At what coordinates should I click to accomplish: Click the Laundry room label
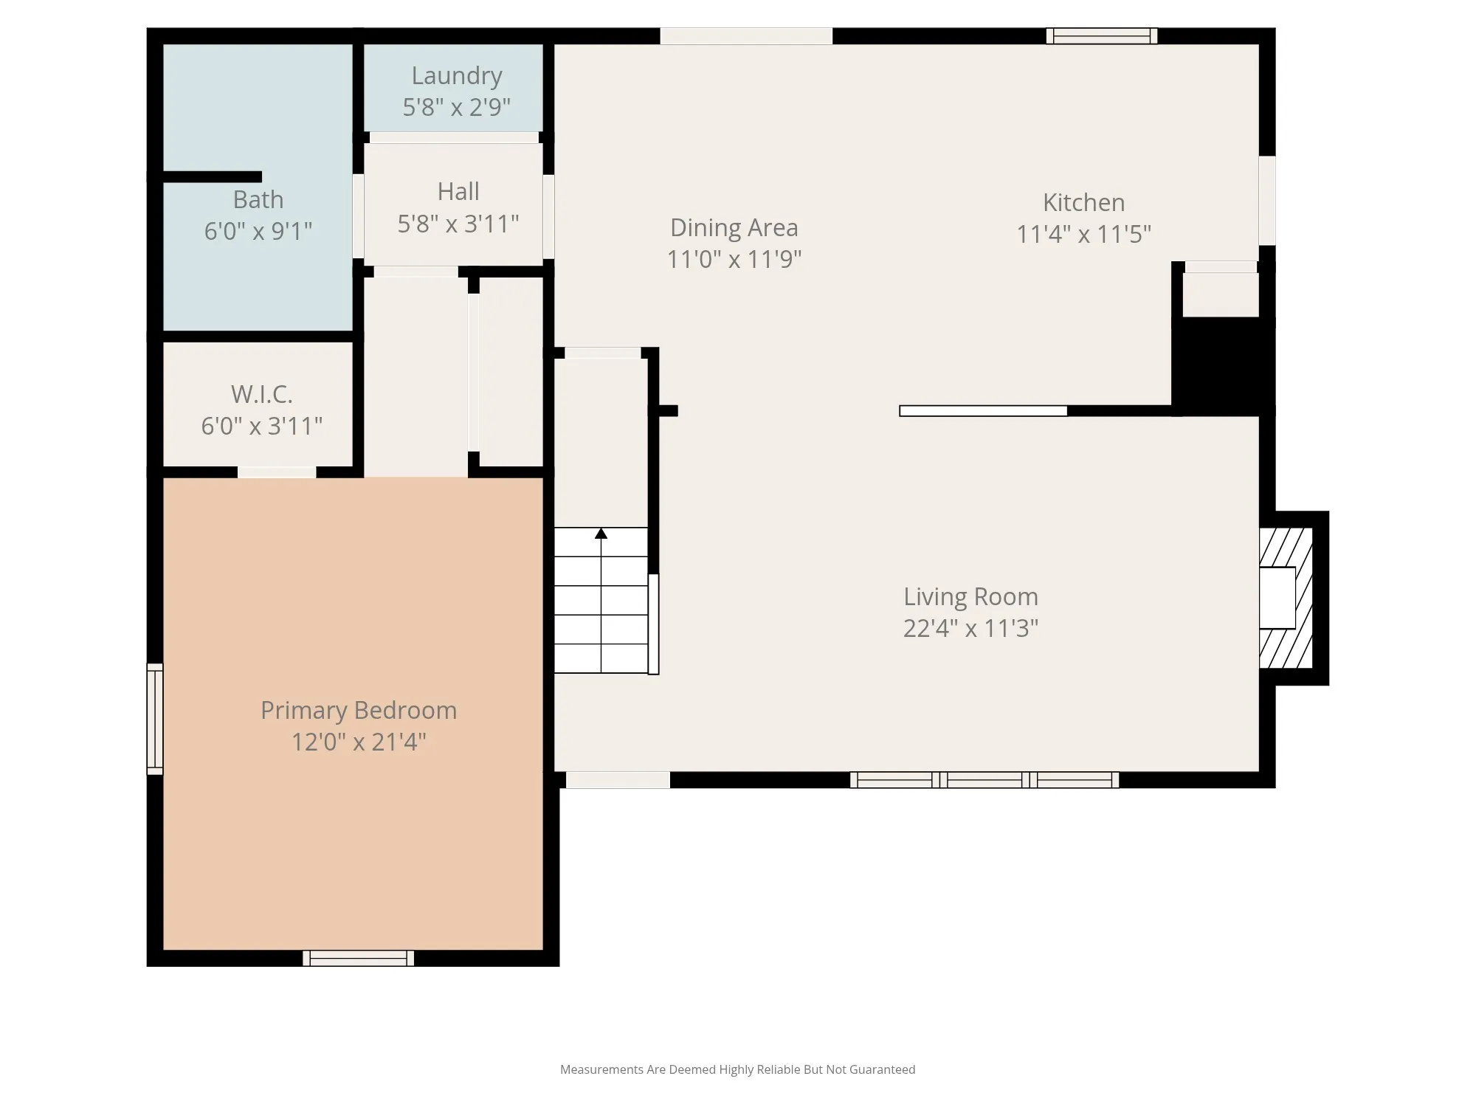pyautogui.click(x=457, y=75)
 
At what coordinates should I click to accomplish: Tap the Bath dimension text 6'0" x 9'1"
pyautogui.click(x=258, y=231)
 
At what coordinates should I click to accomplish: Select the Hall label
pyautogui.click(x=458, y=191)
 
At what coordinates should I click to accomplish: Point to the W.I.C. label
pyautogui.click(x=262, y=394)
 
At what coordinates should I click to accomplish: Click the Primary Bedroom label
pyautogui.click(x=359, y=710)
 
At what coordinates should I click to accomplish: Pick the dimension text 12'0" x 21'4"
pyautogui.click(x=359, y=742)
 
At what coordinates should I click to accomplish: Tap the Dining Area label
pyautogui.click(x=734, y=227)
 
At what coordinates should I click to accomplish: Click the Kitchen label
pyautogui.click(x=1084, y=202)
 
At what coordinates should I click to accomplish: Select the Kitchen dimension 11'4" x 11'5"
pyautogui.click(x=1084, y=234)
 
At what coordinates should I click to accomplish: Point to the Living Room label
pyautogui.click(x=971, y=596)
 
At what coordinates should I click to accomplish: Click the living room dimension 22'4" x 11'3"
pyautogui.click(x=971, y=628)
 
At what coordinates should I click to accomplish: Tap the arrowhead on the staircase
pyautogui.click(x=601, y=533)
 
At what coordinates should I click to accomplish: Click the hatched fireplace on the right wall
pyautogui.click(x=1286, y=598)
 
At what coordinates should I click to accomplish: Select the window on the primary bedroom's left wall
pyautogui.click(x=155, y=719)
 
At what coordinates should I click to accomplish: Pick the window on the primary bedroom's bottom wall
pyautogui.click(x=359, y=958)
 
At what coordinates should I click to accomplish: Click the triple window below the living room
pyautogui.click(x=984, y=779)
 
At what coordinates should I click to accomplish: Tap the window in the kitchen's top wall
pyautogui.click(x=1102, y=36)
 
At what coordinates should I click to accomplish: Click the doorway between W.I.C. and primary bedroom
pyautogui.click(x=277, y=472)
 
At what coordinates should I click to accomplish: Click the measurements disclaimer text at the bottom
pyautogui.click(x=737, y=1069)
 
